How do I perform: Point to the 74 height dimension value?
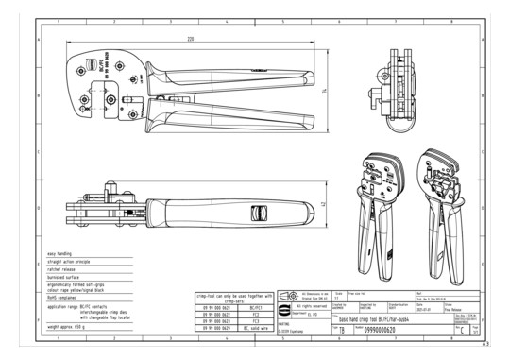click(x=325, y=91)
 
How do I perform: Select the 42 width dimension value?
click(x=323, y=204)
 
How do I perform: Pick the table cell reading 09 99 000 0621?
click(x=214, y=307)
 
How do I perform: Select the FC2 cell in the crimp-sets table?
click(x=255, y=314)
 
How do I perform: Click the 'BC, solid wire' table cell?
click(x=255, y=328)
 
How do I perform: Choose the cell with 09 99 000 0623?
click(x=214, y=321)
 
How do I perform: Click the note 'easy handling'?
click(x=61, y=254)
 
